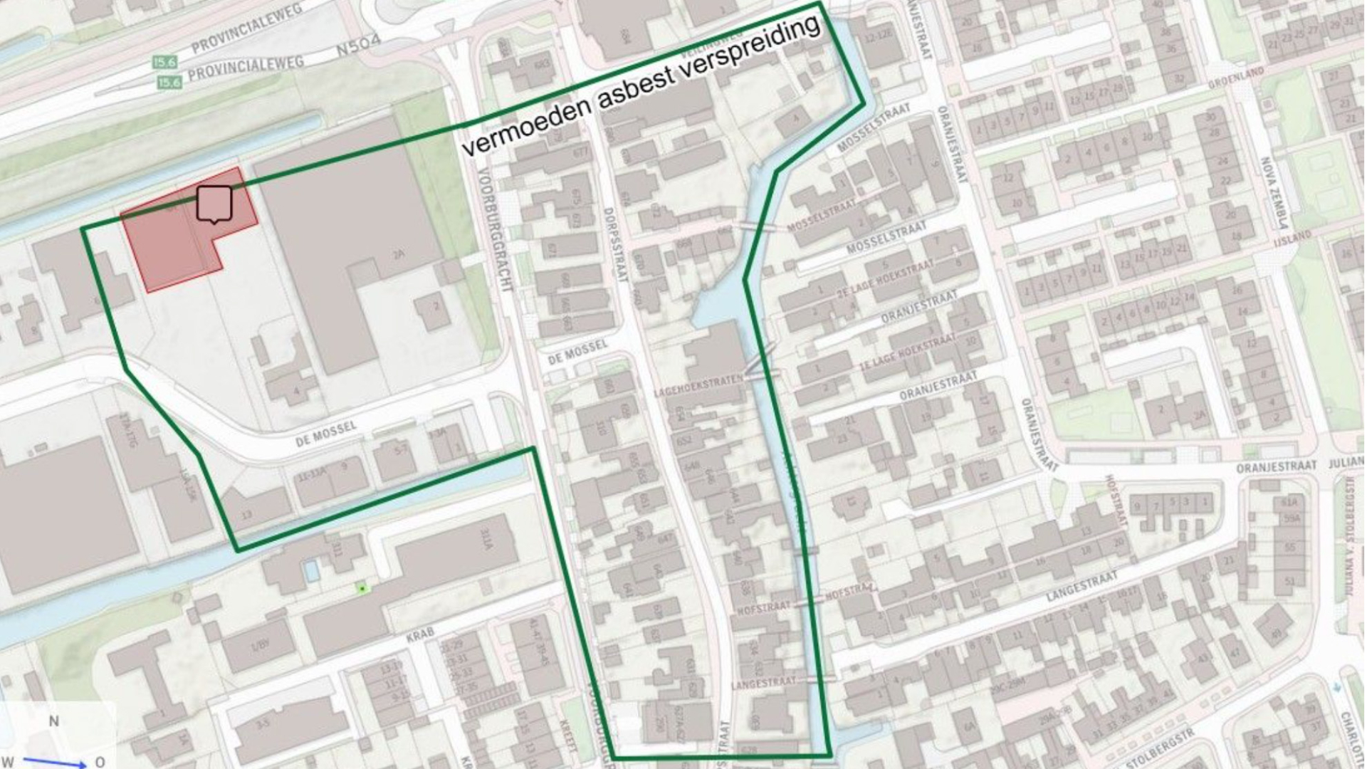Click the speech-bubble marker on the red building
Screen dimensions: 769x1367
pyautogui.click(x=214, y=204)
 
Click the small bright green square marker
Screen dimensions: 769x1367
pyautogui.click(x=362, y=588)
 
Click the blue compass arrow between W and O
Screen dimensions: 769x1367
pyautogui.click(x=53, y=763)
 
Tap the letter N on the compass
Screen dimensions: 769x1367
pyautogui.click(x=53, y=721)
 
